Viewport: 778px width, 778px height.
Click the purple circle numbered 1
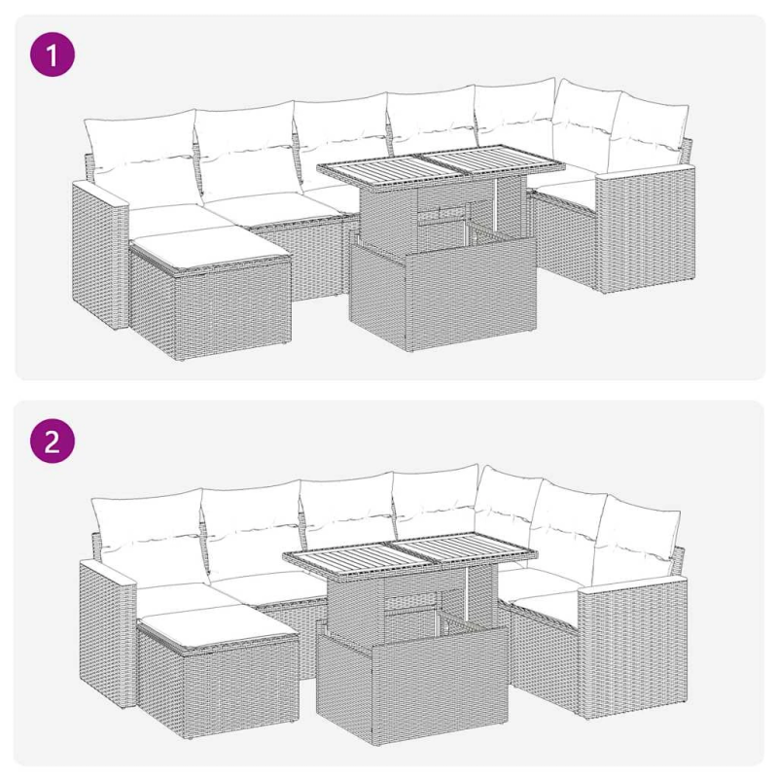(x=53, y=54)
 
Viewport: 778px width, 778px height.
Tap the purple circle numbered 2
(x=53, y=442)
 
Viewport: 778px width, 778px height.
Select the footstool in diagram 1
(x=210, y=294)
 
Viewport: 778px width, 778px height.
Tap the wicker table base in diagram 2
(x=411, y=654)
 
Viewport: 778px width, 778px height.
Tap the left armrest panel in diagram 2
(x=107, y=635)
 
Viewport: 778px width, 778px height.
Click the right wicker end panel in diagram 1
(x=645, y=229)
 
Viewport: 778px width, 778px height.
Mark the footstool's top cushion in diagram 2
(x=218, y=626)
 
